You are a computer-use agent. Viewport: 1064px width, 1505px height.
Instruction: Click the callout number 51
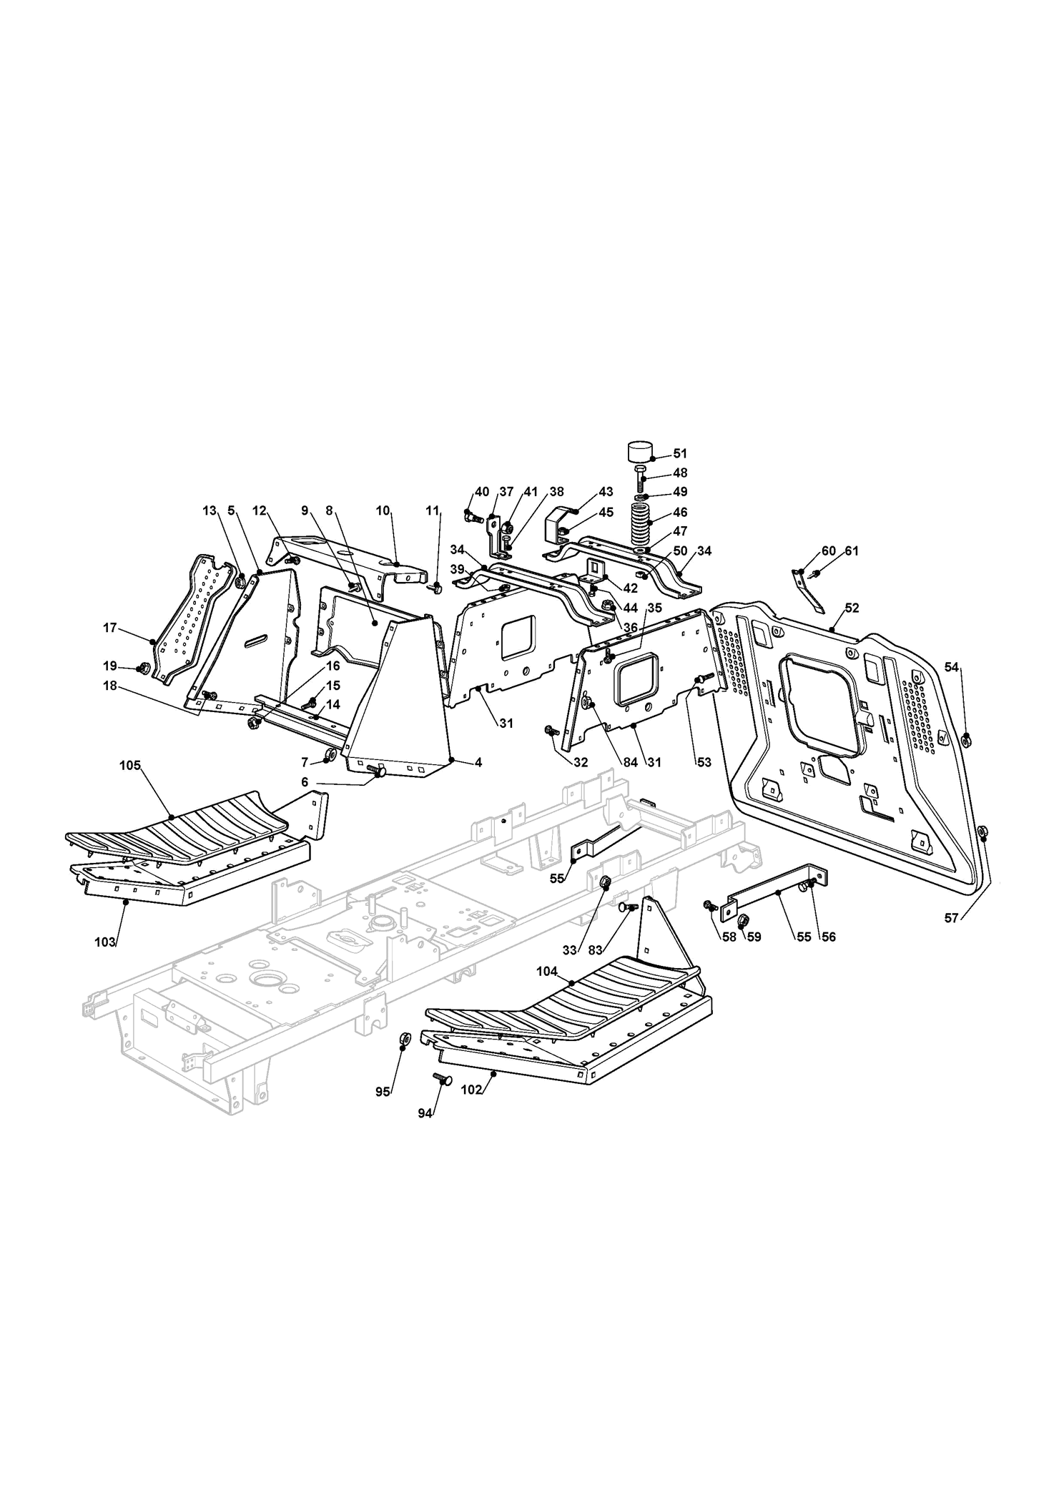[x=679, y=453]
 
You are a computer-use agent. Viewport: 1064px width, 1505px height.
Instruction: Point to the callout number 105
[x=129, y=766]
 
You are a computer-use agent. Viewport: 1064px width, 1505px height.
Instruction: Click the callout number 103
[x=105, y=942]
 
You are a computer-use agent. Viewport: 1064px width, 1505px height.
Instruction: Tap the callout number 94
[x=425, y=1134]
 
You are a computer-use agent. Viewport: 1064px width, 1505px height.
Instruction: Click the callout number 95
[x=383, y=1112]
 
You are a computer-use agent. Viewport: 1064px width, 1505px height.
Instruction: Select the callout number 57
[x=951, y=919]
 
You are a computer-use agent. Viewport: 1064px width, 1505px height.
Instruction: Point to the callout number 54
[x=952, y=667]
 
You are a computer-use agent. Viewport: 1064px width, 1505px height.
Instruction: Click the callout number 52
[x=852, y=608]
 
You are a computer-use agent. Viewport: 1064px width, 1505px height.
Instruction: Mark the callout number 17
[x=110, y=628]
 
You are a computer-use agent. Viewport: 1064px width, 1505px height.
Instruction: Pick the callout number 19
[x=110, y=666]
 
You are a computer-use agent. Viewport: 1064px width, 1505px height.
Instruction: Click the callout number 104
[x=548, y=972]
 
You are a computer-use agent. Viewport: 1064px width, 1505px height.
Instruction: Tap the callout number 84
[x=630, y=762]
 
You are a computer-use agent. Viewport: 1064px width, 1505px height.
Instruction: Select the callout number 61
[x=852, y=551]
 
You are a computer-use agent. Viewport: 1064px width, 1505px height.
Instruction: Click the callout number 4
[x=478, y=763]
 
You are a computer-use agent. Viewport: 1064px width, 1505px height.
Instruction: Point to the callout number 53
[x=704, y=762]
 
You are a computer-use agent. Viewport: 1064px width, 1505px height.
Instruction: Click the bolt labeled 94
[x=442, y=1099]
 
